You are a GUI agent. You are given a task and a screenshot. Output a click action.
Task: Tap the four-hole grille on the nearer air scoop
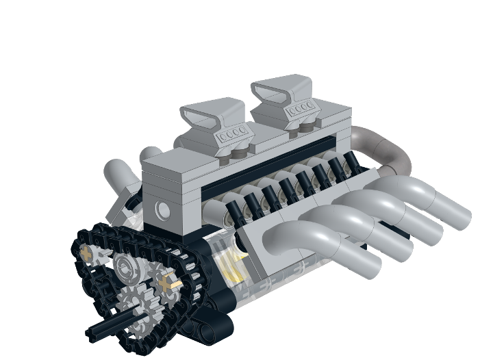coord(230,135)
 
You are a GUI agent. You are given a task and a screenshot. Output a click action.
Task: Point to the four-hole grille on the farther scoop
coord(301,109)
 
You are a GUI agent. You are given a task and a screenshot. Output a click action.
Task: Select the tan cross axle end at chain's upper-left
coord(87,255)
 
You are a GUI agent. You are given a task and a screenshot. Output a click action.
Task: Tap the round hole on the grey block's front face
coord(162,210)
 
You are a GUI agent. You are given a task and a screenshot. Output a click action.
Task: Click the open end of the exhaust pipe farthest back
coord(461,216)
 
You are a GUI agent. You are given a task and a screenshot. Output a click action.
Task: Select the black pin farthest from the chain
coord(351,163)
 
